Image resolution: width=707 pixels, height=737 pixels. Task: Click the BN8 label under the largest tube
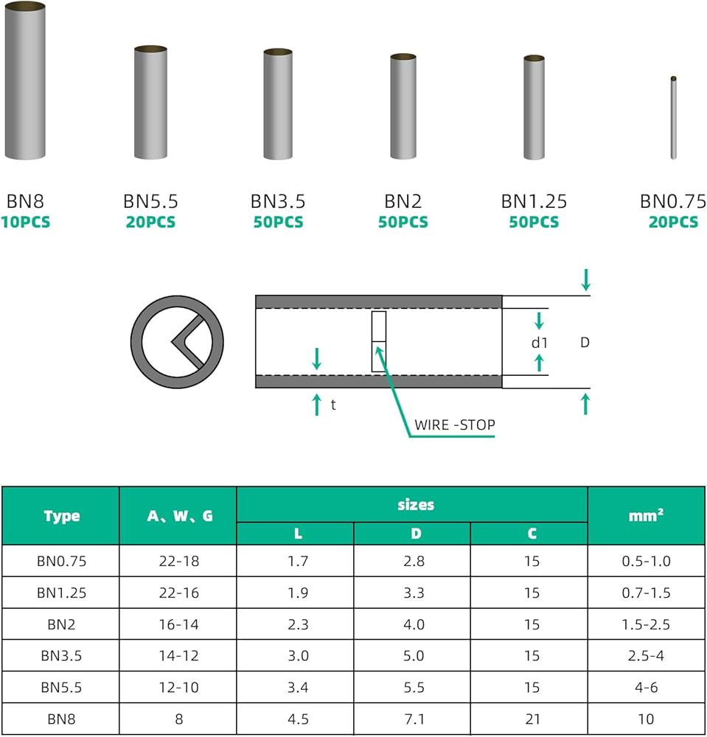(25, 201)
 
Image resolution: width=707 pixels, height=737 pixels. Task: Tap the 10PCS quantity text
(25, 222)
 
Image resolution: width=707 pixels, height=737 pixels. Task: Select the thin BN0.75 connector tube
(673, 117)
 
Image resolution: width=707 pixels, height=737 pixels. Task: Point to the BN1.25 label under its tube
(534, 201)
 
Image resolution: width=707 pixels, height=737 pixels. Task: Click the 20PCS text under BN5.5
(150, 222)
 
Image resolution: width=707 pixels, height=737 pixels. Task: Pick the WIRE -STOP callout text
(455, 425)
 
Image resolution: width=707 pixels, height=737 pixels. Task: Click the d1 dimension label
(540, 343)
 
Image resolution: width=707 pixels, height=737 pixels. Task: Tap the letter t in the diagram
(333, 405)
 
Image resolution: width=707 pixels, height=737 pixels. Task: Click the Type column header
(62, 516)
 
